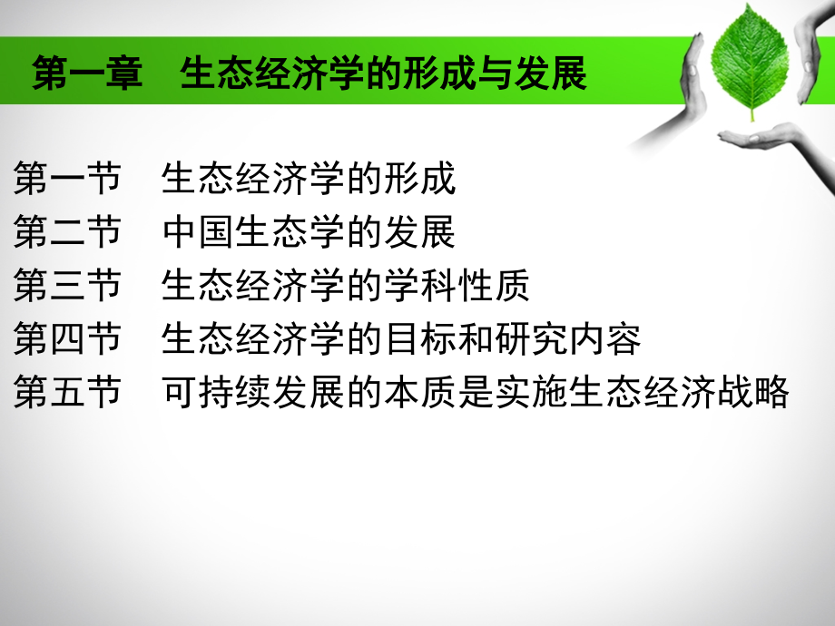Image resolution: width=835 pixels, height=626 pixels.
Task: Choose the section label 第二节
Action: [67, 233]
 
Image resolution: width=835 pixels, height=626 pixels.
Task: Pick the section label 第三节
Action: [67, 287]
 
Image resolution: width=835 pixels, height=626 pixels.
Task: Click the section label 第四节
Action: [67, 340]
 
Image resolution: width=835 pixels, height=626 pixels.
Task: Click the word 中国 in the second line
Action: [199, 233]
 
